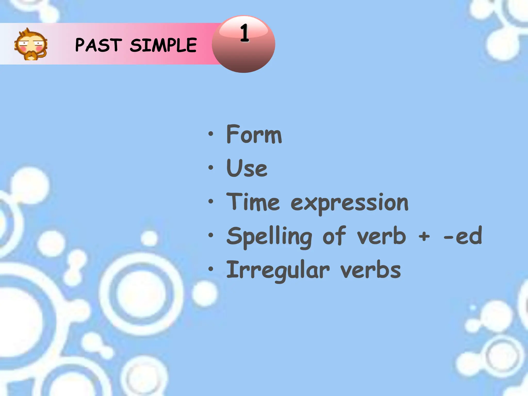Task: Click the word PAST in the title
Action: click(x=98, y=45)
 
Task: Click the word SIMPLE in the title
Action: click(x=163, y=45)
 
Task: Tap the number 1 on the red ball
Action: click(x=244, y=33)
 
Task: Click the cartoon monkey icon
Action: click(x=31, y=45)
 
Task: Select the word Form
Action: click(x=254, y=134)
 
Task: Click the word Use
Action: click(x=247, y=168)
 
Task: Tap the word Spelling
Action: click(x=269, y=237)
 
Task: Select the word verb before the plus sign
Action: click(x=381, y=236)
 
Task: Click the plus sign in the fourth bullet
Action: click(x=424, y=236)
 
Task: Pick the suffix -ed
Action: click(x=463, y=236)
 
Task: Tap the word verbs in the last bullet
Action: click(x=370, y=270)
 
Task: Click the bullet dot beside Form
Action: click(x=211, y=134)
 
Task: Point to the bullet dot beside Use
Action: click(x=211, y=168)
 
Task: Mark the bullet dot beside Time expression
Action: click(x=211, y=201)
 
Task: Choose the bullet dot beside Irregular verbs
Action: click(x=211, y=269)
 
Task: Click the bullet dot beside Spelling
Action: click(x=211, y=235)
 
